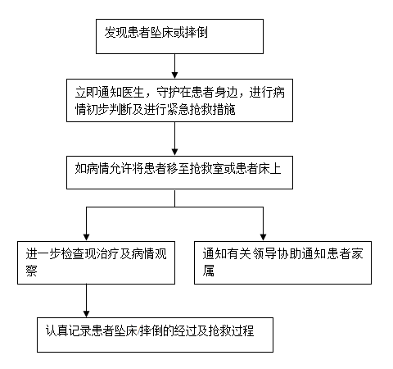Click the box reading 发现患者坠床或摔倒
coord(179,36)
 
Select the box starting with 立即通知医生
coord(179,100)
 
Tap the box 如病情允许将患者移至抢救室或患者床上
coord(179,172)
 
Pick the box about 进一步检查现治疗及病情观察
coord(96,262)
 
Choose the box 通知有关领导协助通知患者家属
coord(282,262)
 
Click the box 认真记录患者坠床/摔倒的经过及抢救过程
coord(155,335)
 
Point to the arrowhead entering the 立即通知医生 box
coord(174,75)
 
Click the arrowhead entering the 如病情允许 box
coord(174,153)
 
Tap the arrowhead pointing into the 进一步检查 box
coord(86,237)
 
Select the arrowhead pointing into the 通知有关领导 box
coord(263,237)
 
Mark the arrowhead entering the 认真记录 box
coord(86,314)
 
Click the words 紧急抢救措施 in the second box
coord(201,109)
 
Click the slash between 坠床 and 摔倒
coord(138,331)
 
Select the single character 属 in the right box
coord(208,271)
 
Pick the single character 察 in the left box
coord(31,271)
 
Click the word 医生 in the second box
coord(133,92)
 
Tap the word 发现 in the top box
coord(115,32)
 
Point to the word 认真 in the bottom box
coord(56,331)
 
